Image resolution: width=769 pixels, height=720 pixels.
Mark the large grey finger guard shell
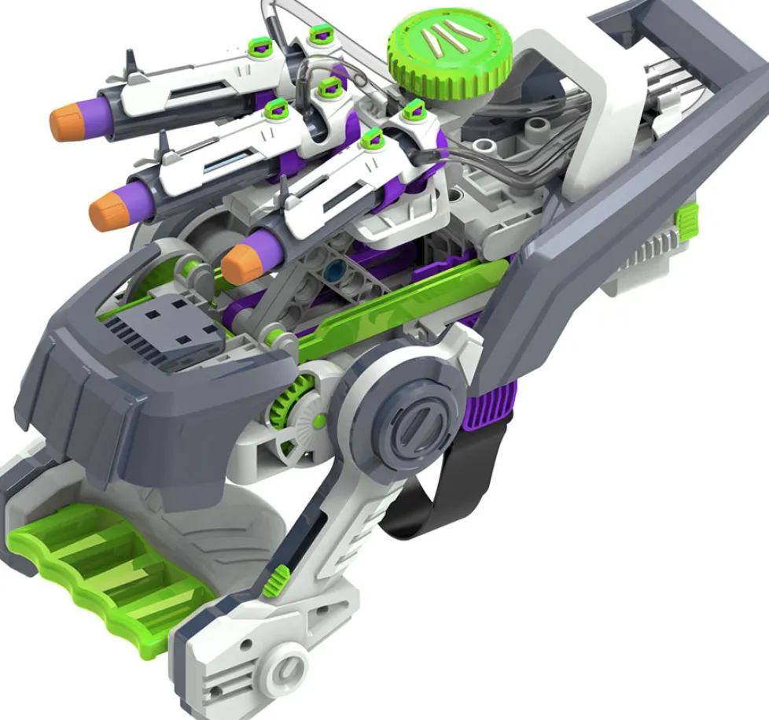click(x=149, y=393)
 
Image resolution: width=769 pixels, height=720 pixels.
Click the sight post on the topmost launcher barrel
click(x=128, y=61)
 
